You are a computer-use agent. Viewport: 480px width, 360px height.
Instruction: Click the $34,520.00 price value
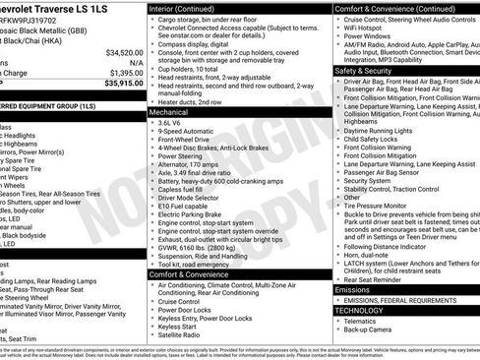pyautogui.click(x=123, y=53)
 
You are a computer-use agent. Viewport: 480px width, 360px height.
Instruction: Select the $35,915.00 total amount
pyautogui.click(x=123, y=84)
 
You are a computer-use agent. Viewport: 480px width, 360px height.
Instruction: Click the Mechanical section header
pyautogui.click(x=170, y=113)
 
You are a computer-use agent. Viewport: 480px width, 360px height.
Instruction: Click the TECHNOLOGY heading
pyautogui.click(x=360, y=310)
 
